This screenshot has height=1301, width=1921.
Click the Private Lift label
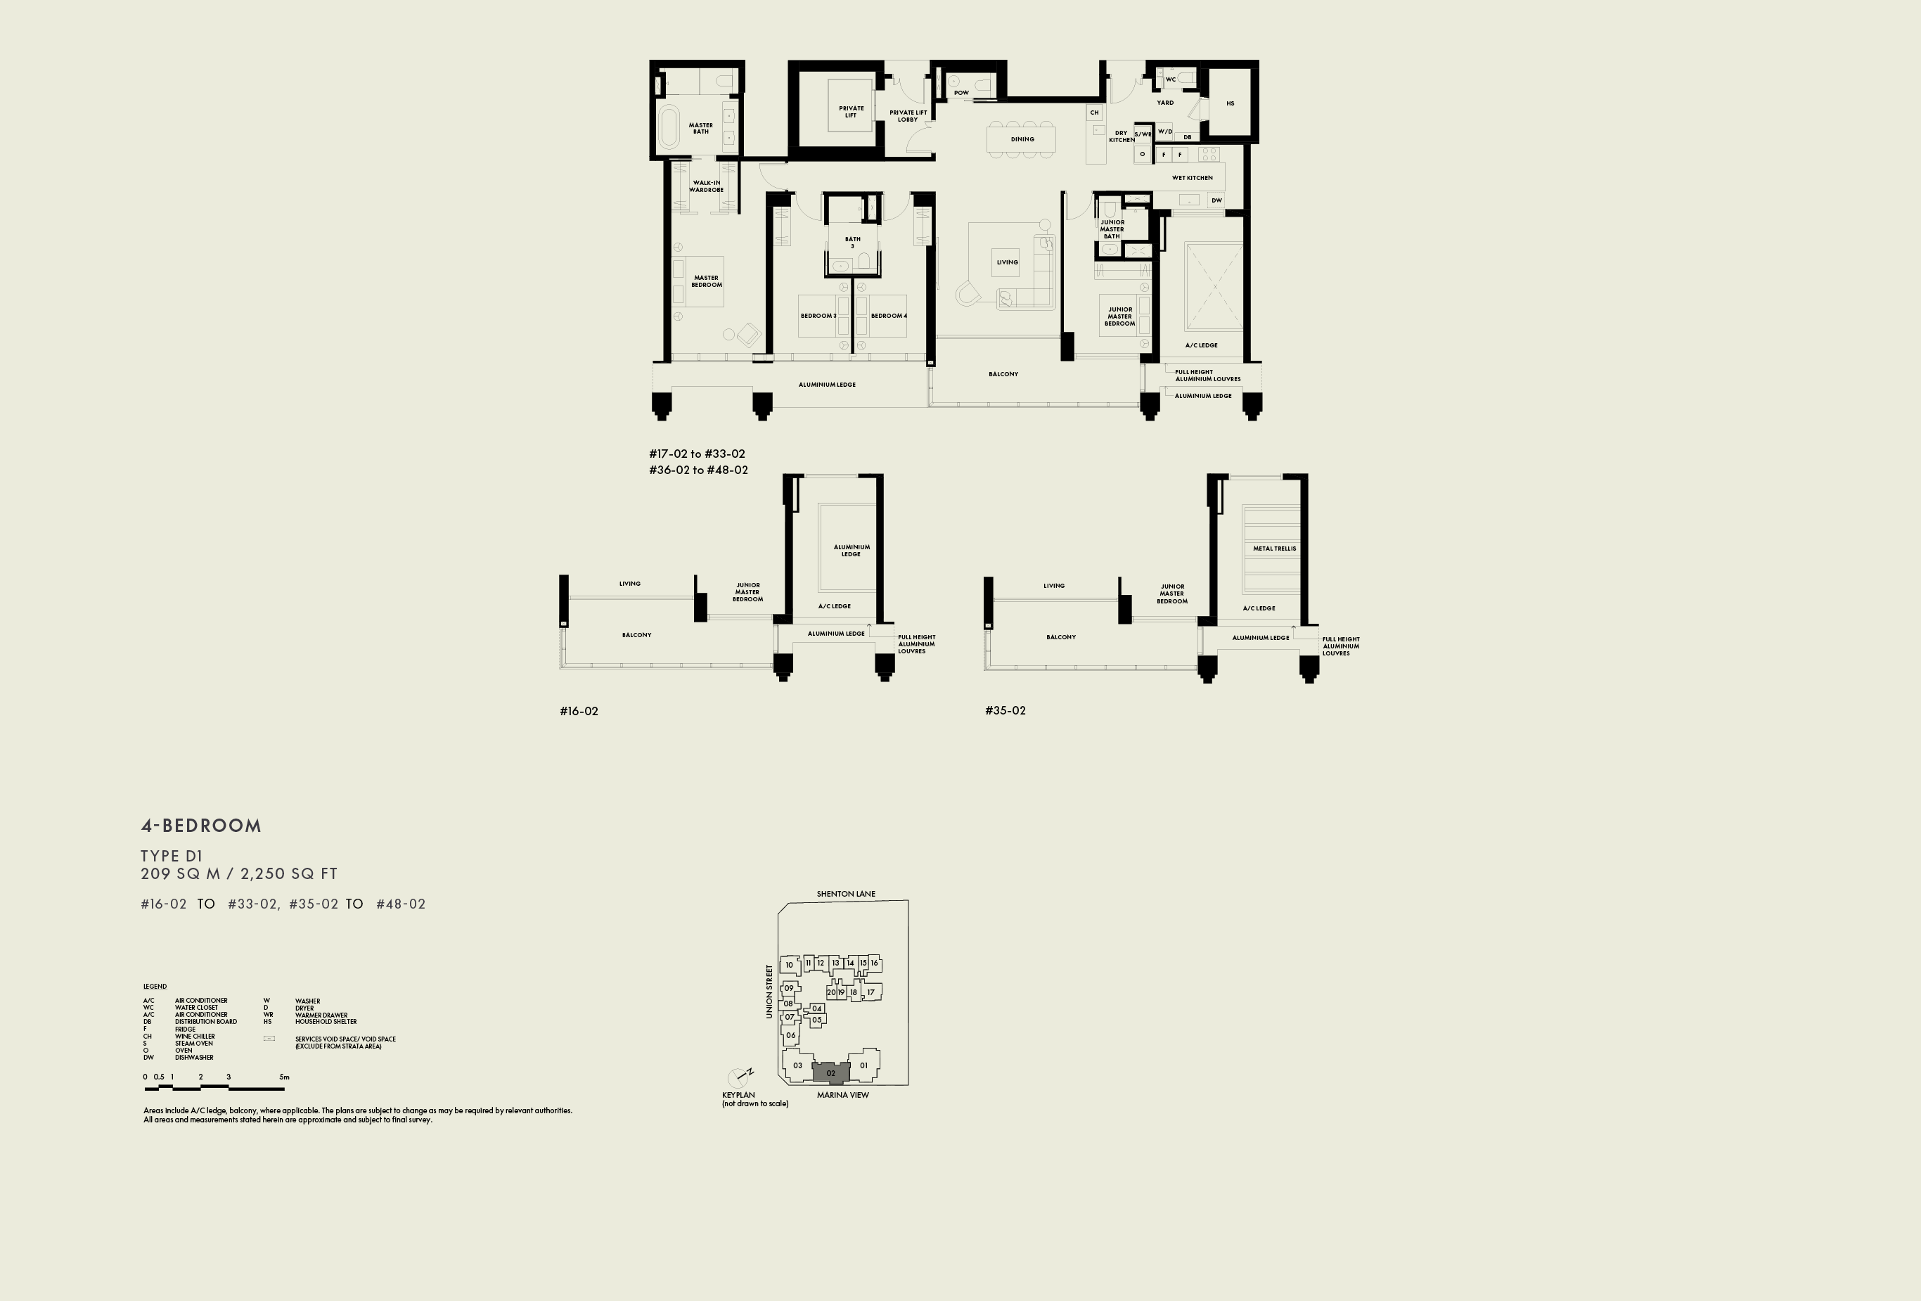pyautogui.click(x=851, y=112)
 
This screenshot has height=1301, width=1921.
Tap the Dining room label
pyautogui.click(x=1022, y=139)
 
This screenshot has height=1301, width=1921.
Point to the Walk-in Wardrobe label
pyautogui.click(x=706, y=186)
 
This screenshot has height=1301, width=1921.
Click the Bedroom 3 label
pyautogui.click(x=818, y=316)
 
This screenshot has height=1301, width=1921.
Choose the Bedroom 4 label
pyautogui.click(x=889, y=316)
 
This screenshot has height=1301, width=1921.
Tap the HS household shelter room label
pyautogui.click(x=1230, y=103)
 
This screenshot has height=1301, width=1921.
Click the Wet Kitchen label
pyautogui.click(x=1192, y=178)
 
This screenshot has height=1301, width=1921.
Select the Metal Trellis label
pyautogui.click(x=1274, y=548)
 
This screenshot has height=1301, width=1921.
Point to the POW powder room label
pyautogui.click(x=961, y=93)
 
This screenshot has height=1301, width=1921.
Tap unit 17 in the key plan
pyautogui.click(x=870, y=992)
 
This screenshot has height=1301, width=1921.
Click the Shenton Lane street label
pyautogui.click(x=846, y=894)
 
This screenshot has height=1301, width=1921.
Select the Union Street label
pyautogui.click(x=769, y=991)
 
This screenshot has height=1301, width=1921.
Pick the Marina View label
pyautogui.click(x=842, y=1094)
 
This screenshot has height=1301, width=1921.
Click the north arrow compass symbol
pyautogui.click(x=738, y=1077)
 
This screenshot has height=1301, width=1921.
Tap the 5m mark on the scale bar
pyautogui.click(x=284, y=1077)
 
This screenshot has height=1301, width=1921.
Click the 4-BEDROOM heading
pyautogui.click(x=201, y=825)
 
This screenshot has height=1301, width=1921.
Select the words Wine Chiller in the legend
pyautogui.click(x=194, y=1036)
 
